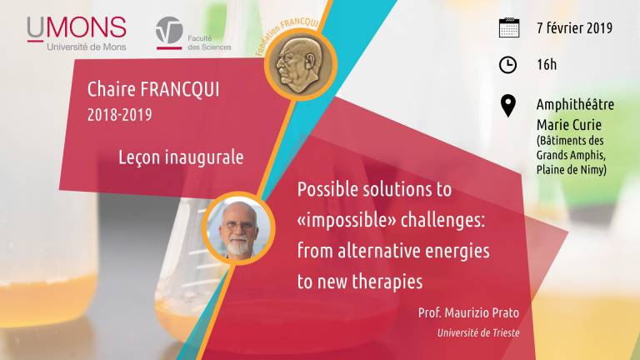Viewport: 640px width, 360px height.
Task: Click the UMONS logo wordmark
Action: [x=77, y=27]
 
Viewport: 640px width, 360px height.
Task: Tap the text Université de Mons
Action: [x=87, y=47]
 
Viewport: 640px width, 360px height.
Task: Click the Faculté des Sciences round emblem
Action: [x=169, y=30]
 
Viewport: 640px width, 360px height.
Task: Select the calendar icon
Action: [x=509, y=27]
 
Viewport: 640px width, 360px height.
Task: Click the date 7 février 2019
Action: [x=575, y=28]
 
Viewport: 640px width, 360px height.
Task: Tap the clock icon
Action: [x=508, y=65]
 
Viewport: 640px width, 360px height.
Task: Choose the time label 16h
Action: [x=547, y=64]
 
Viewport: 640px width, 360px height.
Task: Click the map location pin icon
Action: [x=508, y=106]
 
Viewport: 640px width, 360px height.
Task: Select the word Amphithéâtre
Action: [x=575, y=104]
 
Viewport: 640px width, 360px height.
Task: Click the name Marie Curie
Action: [x=569, y=125]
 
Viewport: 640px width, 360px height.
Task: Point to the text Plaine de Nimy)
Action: [x=572, y=169]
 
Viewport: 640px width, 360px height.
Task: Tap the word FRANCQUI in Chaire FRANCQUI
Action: [x=180, y=90]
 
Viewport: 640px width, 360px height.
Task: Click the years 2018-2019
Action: [x=120, y=115]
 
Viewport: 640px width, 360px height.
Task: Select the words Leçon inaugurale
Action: [x=181, y=157]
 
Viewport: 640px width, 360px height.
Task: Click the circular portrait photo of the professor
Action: [x=238, y=228]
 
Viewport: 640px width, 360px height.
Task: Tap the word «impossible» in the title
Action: [x=347, y=221]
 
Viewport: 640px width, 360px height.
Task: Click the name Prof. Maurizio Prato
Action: [x=468, y=313]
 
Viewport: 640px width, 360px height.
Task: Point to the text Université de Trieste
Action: [x=478, y=333]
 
